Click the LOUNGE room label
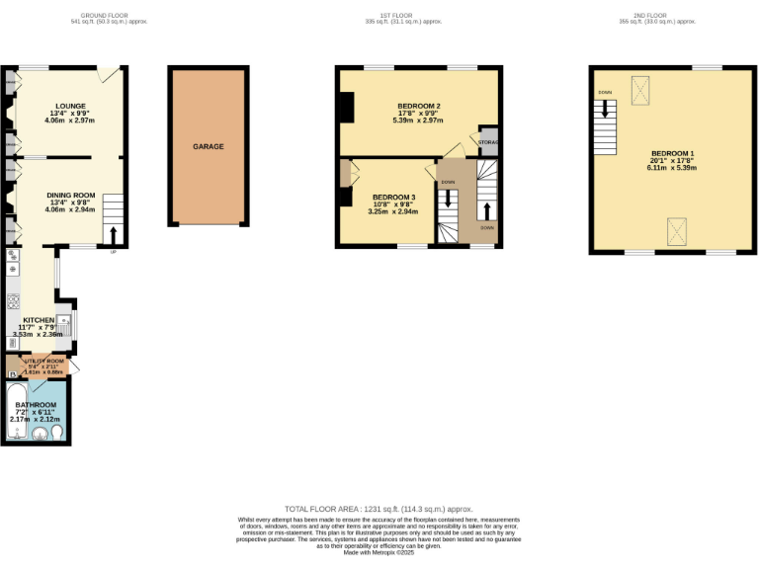[70, 106]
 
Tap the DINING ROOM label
[70, 196]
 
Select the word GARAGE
[208, 146]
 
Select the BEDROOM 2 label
[419, 106]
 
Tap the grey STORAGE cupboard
[489, 142]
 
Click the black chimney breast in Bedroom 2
[346, 107]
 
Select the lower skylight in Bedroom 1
[677, 232]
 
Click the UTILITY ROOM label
[43, 362]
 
